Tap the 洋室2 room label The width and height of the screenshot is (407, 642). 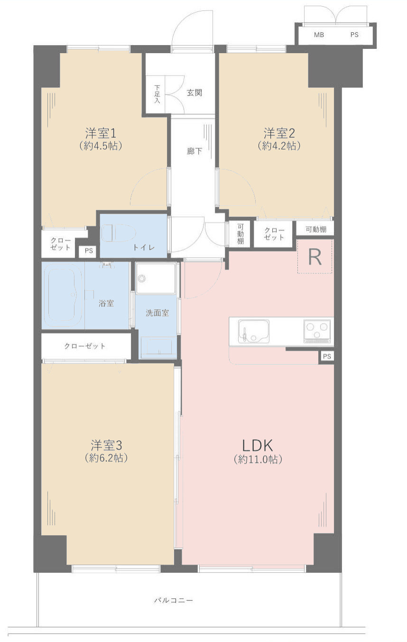click(279, 133)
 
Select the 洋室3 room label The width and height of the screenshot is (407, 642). click(106, 446)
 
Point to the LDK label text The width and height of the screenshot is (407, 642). click(258, 446)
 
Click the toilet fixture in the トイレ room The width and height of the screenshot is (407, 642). click(118, 233)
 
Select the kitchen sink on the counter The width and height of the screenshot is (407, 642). click(253, 331)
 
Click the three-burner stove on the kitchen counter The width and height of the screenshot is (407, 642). click(317, 331)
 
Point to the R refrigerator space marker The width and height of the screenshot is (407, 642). click(314, 257)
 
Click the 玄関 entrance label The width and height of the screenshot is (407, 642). click(194, 93)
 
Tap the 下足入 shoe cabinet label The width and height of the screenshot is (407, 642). click(157, 94)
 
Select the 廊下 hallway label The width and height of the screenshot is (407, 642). click(194, 151)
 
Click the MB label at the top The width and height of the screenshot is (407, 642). click(319, 35)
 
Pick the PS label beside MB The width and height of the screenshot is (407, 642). click(354, 35)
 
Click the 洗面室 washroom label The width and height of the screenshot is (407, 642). click(157, 313)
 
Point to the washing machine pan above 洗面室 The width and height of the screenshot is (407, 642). click(156, 279)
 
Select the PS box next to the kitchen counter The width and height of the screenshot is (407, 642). click(327, 356)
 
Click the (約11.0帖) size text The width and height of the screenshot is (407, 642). click(258, 459)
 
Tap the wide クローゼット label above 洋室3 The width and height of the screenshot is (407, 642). click(85, 346)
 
